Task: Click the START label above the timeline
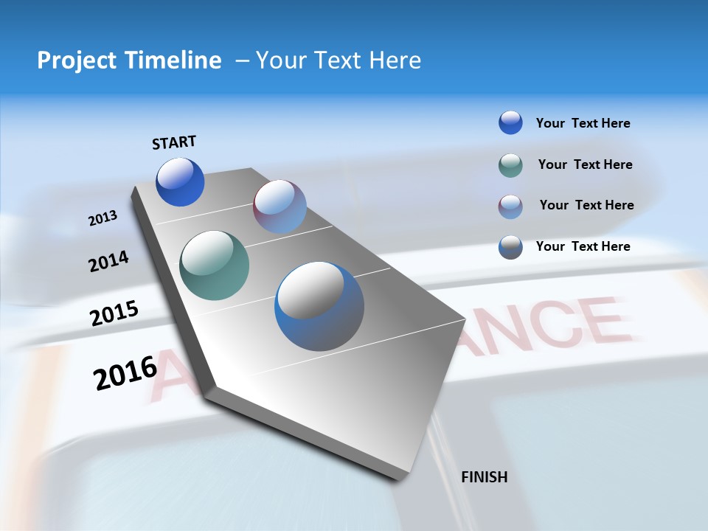click(174, 142)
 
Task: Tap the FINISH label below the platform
click(484, 477)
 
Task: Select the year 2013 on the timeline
click(103, 218)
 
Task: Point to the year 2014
click(108, 261)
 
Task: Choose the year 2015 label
click(114, 313)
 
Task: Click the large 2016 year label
click(125, 372)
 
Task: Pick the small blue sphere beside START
click(180, 182)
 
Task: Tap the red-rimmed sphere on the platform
click(280, 206)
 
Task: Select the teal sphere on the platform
click(214, 265)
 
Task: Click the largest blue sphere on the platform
click(319, 306)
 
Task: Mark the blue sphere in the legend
click(510, 122)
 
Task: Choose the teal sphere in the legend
click(510, 165)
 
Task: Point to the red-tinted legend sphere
click(510, 206)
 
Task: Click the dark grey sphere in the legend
click(510, 247)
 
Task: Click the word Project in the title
click(77, 60)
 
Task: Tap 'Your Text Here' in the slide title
click(339, 60)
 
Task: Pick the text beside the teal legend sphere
click(585, 164)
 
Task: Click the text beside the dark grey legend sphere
click(583, 246)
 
